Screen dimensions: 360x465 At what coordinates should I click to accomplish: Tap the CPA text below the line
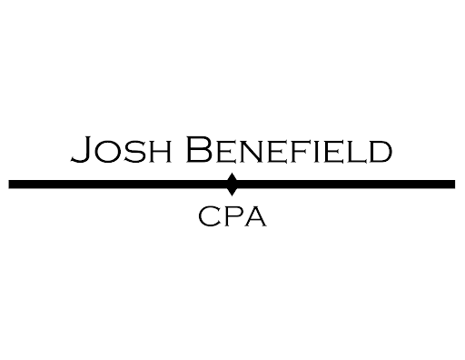(232, 218)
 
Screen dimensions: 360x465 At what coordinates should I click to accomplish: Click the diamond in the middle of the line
(232, 184)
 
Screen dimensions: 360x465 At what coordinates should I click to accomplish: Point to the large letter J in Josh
(80, 150)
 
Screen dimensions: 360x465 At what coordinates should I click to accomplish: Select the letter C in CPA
(209, 218)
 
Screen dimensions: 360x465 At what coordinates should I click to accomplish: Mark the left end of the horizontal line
(11, 184)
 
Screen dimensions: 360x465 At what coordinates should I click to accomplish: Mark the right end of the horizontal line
(452, 184)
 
